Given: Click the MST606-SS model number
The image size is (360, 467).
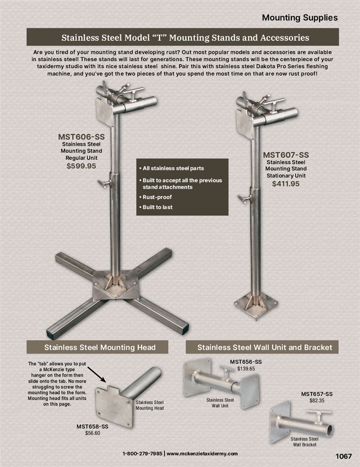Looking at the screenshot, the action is click(81, 137).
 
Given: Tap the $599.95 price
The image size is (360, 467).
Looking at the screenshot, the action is click(81, 166).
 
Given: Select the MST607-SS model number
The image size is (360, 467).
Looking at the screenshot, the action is click(286, 155).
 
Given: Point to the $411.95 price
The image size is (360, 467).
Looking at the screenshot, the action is click(286, 184).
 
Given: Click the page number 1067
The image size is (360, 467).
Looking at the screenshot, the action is click(344, 456).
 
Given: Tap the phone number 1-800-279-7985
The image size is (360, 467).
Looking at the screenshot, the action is click(143, 454).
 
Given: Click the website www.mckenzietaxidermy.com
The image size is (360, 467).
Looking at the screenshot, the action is click(202, 454).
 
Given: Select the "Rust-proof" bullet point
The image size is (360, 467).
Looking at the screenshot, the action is click(156, 197).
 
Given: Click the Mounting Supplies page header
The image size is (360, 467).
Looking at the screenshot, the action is click(300, 18).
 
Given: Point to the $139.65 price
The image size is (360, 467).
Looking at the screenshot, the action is click(246, 369).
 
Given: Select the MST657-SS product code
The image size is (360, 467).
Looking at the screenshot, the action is click(317, 394).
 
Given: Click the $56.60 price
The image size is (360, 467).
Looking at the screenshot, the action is click(93, 433).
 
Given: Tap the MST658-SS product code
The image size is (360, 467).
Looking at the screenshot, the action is click(92, 427).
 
